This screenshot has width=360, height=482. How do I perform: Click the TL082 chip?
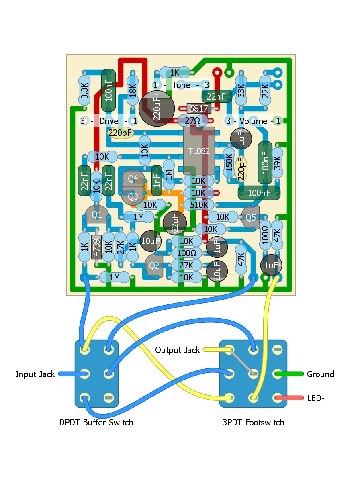[x=199, y=150]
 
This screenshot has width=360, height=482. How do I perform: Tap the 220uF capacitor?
[x=157, y=108]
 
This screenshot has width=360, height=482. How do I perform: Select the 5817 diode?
[x=199, y=108]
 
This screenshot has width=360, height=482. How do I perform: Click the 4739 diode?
[x=96, y=247]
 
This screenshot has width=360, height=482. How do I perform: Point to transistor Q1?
[x=97, y=215]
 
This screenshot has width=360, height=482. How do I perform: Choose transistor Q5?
[x=251, y=218]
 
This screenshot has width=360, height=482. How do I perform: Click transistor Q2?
[x=154, y=266]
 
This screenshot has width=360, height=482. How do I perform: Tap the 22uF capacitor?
[x=175, y=223]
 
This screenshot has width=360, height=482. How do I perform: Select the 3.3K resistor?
[x=84, y=92]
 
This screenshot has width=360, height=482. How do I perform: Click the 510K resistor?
[x=198, y=205]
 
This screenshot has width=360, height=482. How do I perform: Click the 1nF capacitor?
[x=157, y=180]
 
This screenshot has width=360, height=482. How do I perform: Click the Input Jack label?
[x=35, y=374]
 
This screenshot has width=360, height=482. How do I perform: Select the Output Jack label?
[x=177, y=350]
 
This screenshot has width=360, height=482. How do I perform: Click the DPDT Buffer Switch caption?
[x=96, y=423]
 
